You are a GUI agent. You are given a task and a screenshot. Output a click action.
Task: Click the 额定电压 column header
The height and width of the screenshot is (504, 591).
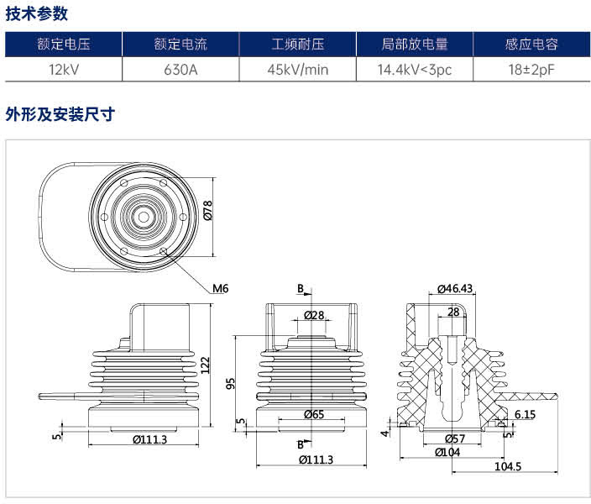(x=64, y=45)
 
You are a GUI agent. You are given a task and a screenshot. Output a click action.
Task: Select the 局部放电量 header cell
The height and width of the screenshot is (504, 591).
(x=415, y=45)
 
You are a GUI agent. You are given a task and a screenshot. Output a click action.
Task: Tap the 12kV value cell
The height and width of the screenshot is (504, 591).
(x=64, y=70)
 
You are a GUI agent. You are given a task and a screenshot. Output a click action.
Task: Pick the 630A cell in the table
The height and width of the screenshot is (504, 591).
(x=180, y=70)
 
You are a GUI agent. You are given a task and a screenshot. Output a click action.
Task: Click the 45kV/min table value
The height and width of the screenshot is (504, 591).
(x=298, y=70)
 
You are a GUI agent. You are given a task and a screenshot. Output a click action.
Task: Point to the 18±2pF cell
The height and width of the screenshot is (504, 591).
(x=531, y=70)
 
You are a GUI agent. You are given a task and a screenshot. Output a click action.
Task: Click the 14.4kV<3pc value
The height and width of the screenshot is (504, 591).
(x=415, y=70)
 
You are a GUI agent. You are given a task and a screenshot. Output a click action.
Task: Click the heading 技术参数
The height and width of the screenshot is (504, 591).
(x=37, y=14)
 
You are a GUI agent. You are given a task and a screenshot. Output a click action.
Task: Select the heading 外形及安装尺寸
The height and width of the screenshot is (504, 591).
(x=60, y=114)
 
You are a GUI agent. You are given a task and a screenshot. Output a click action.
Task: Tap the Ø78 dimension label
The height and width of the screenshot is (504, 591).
(x=207, y=210)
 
